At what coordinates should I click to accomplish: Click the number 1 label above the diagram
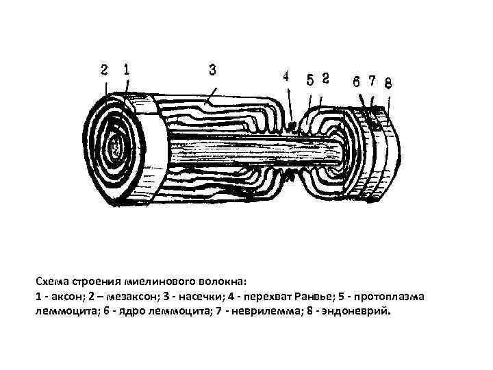coord(127,69)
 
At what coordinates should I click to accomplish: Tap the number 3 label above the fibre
coord(212,69)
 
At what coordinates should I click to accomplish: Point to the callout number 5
coord(309,79)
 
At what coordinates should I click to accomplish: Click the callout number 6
coord(357,80)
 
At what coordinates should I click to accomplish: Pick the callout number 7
coord(372,80)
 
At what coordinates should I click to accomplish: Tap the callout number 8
coord(388,84)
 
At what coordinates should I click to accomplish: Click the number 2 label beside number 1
coord(104,69)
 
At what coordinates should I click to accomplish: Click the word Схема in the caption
coord(53,282)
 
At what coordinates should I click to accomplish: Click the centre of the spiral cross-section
coord(117,145)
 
